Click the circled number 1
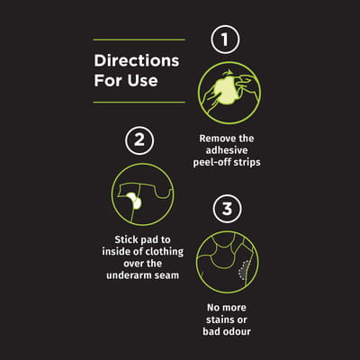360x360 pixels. [225, 40]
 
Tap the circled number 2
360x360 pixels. [139, 140]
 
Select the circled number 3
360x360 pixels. [227, 209]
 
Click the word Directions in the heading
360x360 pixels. [137, 60]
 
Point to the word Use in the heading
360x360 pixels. [142, 80]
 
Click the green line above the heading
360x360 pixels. [139, 40]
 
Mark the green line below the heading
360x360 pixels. [139, 103]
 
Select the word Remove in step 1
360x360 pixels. [214, 139]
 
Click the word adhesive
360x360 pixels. [227, 150]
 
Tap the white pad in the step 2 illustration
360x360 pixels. [134, 201]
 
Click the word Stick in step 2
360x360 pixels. [123, 239]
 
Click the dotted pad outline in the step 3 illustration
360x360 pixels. [244, 270]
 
